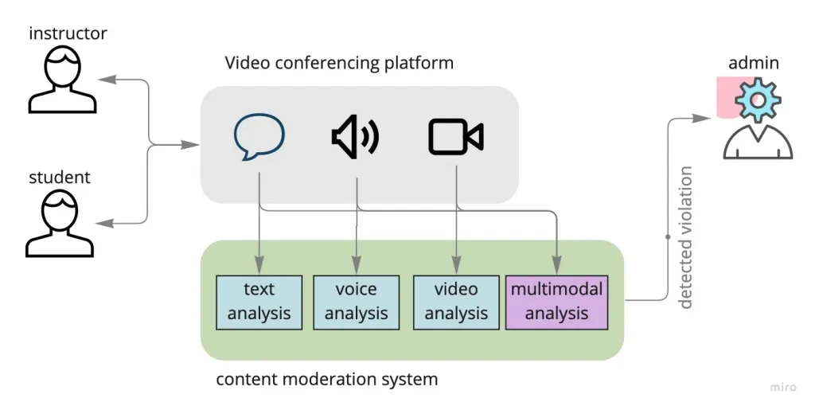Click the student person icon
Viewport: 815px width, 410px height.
(x=60, y=225)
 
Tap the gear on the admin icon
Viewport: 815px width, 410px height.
(x=757, y=100)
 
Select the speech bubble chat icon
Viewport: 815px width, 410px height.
(x=259, y=137)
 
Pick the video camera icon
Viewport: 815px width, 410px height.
(x=456, y=137)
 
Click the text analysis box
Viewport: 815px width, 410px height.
(x=259, y=302)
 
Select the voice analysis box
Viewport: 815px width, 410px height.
(x=356, y=302)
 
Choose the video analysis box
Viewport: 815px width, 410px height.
(x=456, y=302)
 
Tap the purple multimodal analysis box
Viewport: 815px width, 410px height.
(x=556, y=302)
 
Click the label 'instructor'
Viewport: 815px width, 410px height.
(x=68, y=33)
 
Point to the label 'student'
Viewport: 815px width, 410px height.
(x=60, y=177)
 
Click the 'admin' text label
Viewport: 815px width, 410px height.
(x=753, y=63)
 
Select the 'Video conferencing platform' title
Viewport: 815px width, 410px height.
(x=339, y=63)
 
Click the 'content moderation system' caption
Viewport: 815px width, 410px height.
(x=326, y=379)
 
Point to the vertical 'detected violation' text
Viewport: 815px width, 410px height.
(x=685, y=237)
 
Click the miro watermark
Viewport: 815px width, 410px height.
(x=783, y=387)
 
